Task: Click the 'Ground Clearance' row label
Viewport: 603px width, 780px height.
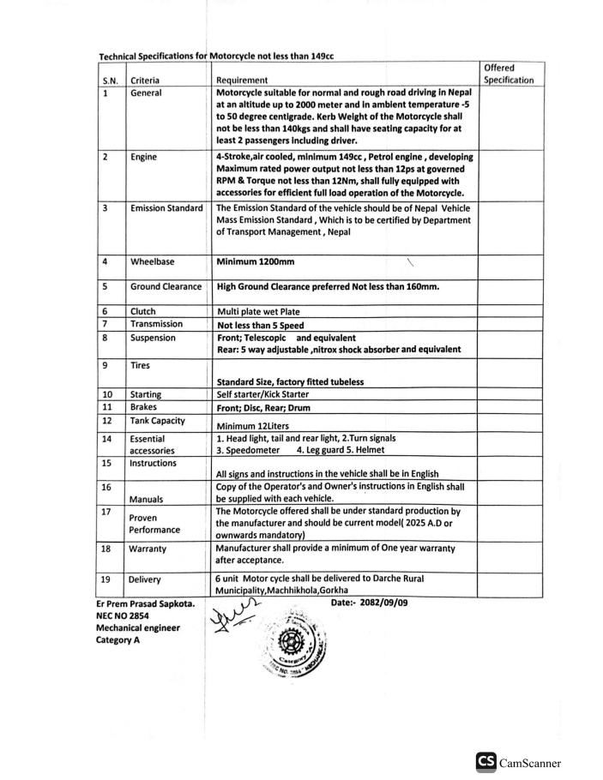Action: pyautogui.click(x=166, y=286)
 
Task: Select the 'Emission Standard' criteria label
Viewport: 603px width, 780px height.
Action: pyautogui.click(x=166, y=208)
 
